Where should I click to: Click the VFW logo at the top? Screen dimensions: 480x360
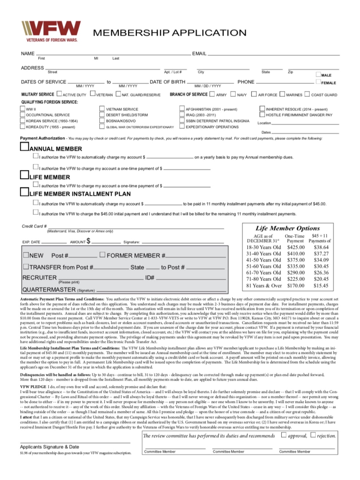(x=51, y=31)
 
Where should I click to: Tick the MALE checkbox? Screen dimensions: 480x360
(x=318, y=74)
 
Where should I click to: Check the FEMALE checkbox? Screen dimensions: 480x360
(x=318, y=82)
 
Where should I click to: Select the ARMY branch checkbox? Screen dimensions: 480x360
(x=212, y=94)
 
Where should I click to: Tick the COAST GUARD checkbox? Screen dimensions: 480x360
(x=307, y=94)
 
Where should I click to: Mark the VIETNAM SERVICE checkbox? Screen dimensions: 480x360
(x=102, y=109)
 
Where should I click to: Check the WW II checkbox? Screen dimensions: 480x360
(x=22, y=109)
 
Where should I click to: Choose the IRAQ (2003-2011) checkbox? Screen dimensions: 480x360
(x=182, y=114)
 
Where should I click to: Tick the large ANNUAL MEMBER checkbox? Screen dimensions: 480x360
(x=24, y=147)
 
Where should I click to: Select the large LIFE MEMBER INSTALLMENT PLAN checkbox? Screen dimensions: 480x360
(x=24, y=192)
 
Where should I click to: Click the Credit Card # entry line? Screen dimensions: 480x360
(x=136, y=228)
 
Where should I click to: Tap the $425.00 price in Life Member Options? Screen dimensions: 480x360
(x=296, y=247)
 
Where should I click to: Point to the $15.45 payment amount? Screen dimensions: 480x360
(x=321, y=286)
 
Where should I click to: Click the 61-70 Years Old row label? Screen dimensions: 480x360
(x=263, y=273)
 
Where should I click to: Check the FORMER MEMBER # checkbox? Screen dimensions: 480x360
(x=102, y=255)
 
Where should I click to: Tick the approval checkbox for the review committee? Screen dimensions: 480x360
(x=284, y=435)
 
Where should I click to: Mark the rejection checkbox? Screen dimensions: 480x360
(x=313, y=435)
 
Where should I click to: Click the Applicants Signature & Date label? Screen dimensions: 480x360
(x=49, y=447)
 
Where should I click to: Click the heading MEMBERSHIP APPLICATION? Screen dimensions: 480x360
(x=169, y=33)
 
